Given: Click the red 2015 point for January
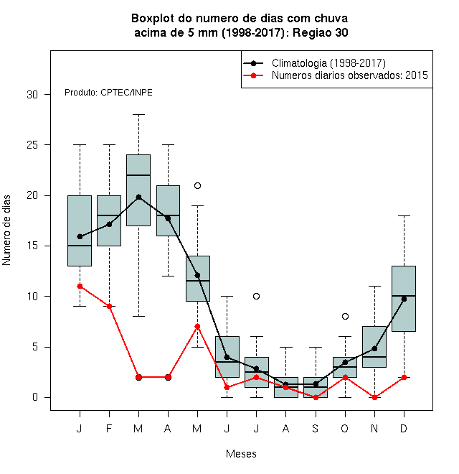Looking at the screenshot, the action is [80, 286].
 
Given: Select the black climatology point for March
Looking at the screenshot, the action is [138, 197].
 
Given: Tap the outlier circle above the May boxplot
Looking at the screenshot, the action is [197, 185].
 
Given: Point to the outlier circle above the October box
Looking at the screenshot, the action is [345, 316].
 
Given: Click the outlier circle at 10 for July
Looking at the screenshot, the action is [256, 296].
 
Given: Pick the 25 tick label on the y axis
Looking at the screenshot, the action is [32, 145].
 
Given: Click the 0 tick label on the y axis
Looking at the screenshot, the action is [35, 397].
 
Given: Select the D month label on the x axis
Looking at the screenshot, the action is [404, 428].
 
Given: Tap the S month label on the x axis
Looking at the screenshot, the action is [316, 428].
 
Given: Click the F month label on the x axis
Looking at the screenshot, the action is [109, 428].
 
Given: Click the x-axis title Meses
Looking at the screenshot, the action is [241, 454].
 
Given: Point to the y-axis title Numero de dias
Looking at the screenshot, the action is [6, 231].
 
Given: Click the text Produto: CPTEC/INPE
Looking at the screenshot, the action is [108, 93].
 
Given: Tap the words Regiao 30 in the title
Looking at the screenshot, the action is [321, 32].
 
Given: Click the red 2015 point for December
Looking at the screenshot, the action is [404, 377].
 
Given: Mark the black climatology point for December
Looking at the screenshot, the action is [404, 299].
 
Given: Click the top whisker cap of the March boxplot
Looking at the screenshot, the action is [138, 115].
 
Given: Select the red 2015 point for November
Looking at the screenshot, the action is [374, 398].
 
